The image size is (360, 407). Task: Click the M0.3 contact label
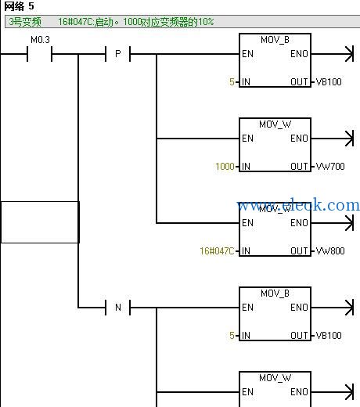(40, 40)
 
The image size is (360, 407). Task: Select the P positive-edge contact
(117, 54)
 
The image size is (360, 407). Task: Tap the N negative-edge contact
(117, 308)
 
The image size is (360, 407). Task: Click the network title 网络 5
(19, 6)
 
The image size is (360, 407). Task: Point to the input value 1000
(225, 167)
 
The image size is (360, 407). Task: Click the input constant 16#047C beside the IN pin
(217, 251)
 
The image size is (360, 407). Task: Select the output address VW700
(330, 167)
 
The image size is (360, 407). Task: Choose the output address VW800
(330, 251)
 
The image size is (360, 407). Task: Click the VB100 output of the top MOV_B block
(329, 82)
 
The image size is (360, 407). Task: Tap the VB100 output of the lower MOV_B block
(329, 336)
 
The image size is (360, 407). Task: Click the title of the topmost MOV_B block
(275, 40)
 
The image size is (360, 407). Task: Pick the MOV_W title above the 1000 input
(275, 124)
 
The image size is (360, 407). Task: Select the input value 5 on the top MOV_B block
(232, 82)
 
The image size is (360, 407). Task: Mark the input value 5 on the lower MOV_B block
(232, 336)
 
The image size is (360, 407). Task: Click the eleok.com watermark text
(298, 205)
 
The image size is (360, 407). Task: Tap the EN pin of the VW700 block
(247, 139)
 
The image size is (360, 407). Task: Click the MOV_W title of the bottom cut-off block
(275, 378)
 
